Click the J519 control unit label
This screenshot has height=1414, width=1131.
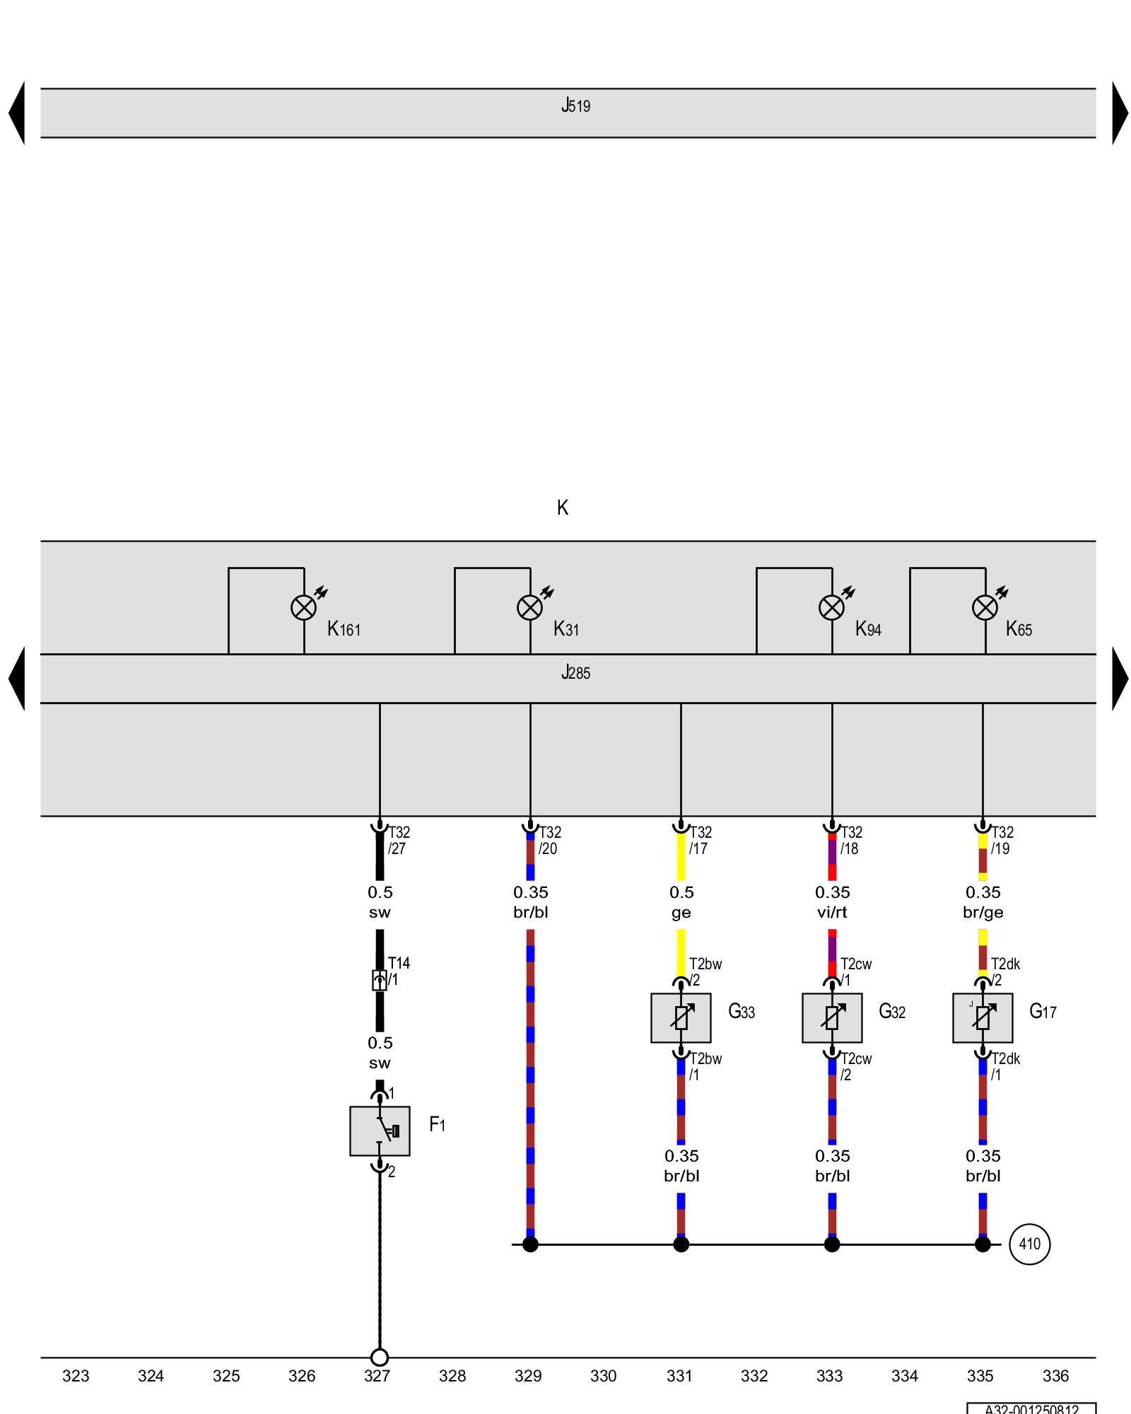coord(575,106)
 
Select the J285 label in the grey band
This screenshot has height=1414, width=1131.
coord(575,672)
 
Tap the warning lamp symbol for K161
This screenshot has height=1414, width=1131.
coord(304,607)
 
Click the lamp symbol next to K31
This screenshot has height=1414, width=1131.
coord(530,607)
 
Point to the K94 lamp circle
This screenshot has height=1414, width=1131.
coord(831,607)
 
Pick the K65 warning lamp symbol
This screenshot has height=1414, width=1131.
coord(985,607)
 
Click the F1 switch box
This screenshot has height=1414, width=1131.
coord(380,1131)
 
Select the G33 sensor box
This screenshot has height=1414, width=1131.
coord(681,1017)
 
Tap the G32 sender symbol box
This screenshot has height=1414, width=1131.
coord(832,1017)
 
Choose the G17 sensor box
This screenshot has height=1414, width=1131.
coord(983,1017)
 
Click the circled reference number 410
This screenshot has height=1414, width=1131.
coord(1029,1244)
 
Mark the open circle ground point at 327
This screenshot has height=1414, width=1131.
coord(380,1357)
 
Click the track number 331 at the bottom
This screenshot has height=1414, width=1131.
coord(679,1376)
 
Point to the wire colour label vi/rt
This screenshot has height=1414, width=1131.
coord(832,913)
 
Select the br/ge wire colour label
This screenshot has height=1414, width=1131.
coord(983,913)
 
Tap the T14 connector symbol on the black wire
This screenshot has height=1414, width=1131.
coord(380,980)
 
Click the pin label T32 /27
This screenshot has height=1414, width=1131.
coord(399,841)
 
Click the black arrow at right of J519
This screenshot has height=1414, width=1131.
coord(1120,113)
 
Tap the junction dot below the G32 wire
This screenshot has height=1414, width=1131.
coord(832,1244)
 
